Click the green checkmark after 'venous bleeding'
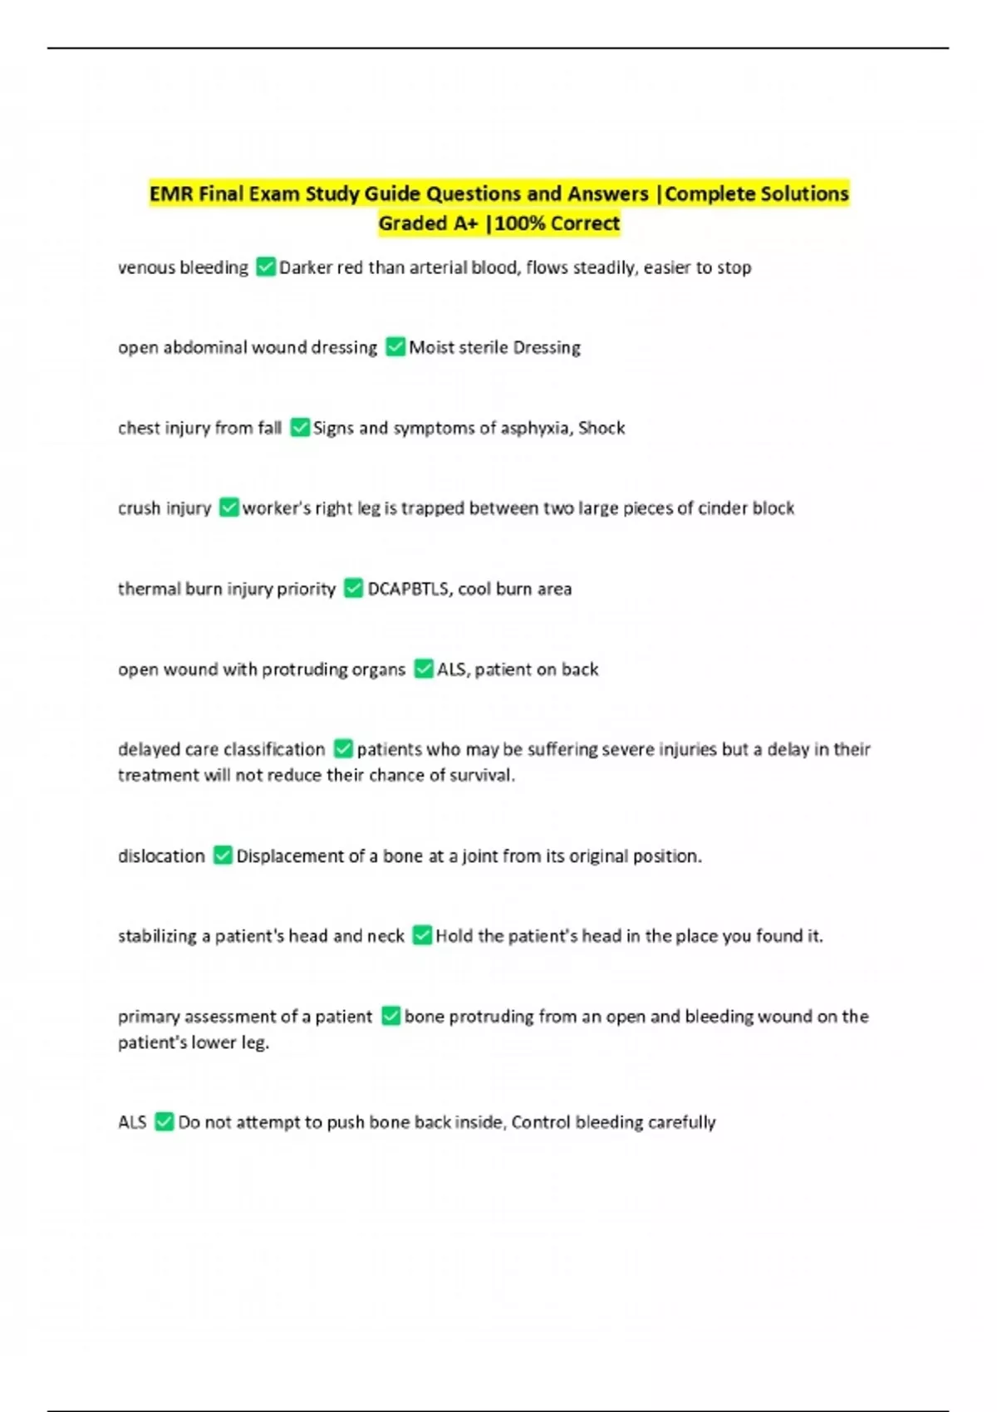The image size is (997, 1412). point(266,267)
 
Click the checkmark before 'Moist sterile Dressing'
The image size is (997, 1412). point(395,346)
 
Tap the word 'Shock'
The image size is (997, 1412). point(602,428)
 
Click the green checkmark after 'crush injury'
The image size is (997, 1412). point(228,507)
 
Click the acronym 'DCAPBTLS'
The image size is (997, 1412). point(407,589)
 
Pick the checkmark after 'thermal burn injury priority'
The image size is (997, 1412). point(353,588)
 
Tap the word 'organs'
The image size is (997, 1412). point(379,669)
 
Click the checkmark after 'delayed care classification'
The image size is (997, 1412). point(342,748)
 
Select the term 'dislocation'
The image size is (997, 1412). point(161,856)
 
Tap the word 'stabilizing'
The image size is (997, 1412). point(157,936)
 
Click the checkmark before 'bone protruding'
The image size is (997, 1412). point(390,1016)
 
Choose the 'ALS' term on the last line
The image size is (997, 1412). point(132,1122)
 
